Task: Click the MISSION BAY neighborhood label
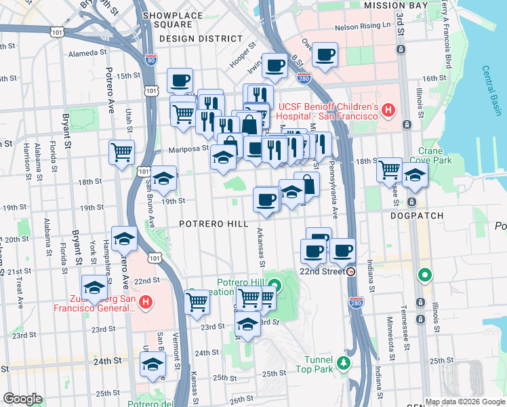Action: pyautogui.click(x=405, y=5)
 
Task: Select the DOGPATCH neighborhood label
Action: pyautogui.click(x=417, y=216)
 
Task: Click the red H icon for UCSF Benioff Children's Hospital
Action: pyautogui.click(x=388, y=109)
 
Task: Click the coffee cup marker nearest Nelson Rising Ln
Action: pyautogui.click(x=325, y=54)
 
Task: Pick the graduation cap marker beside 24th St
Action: pyautogui.click(x=153, y=365)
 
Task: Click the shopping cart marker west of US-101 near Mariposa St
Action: pyautogui.click(x=122, y=153)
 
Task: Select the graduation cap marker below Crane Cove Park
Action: pyautogui.click(x=415, y=175)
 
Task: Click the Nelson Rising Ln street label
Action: pyautogui.click(x=364, y=27)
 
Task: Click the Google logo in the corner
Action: pyautogui.click(x=23, y=399)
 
